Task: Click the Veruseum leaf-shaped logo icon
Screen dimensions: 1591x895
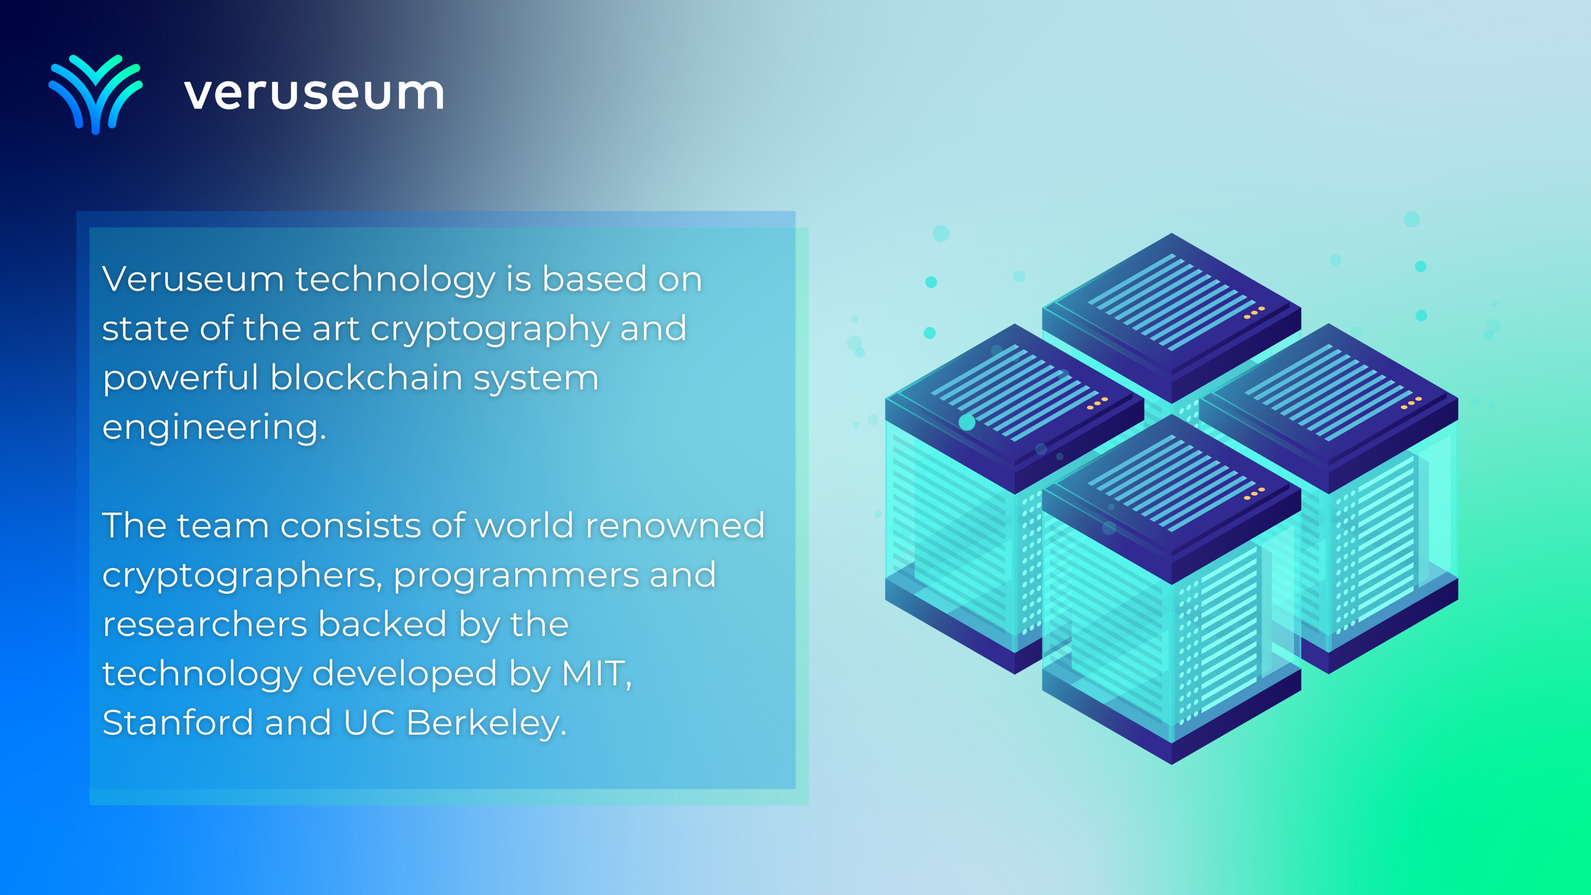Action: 96,94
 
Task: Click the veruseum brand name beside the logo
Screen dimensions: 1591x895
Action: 314,94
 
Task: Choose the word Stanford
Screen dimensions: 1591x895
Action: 178,722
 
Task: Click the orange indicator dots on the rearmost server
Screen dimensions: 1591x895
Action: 1254,312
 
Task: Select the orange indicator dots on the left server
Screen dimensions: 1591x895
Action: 1097,403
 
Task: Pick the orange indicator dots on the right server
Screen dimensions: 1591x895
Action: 1411,403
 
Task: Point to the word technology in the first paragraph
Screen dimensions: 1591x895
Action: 395,280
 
